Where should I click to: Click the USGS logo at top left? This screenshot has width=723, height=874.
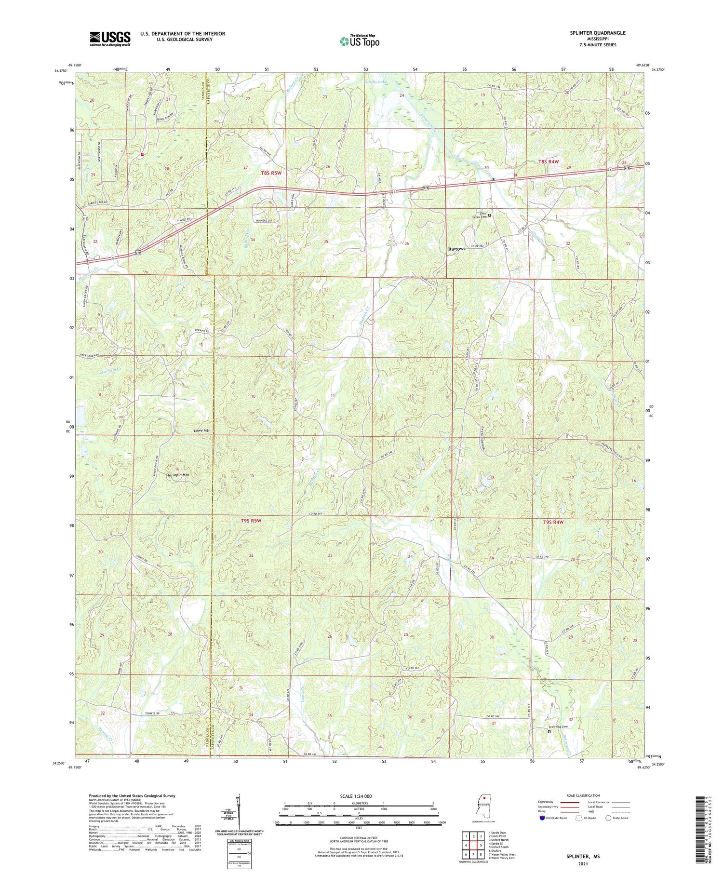(110, 39)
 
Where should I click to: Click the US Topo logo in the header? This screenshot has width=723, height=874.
(359, 41)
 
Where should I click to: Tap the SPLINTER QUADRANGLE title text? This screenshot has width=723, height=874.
(597, 33)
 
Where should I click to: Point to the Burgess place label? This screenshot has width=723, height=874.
(456, 249)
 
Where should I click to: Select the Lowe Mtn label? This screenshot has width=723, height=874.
(201, 430)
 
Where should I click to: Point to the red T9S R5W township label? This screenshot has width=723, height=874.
(251, 521)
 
